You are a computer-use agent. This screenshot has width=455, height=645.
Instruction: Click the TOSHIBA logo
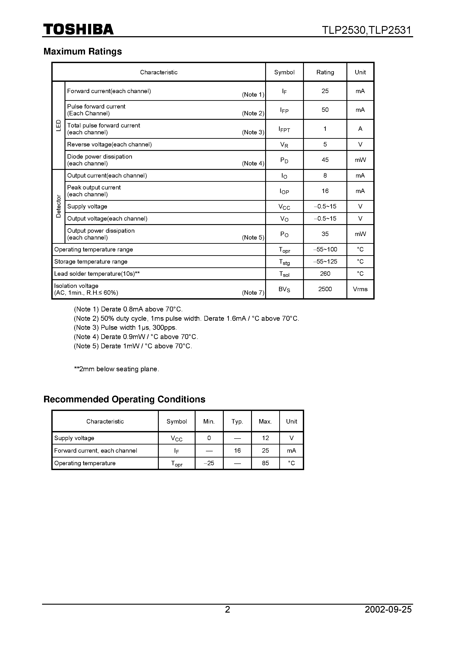pyautogui.click(x=78, y=30)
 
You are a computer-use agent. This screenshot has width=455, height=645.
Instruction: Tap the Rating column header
pyautogui.click(x=325, y=72)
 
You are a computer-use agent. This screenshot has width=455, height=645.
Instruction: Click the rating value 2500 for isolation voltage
pyautogui.click(x=325, y=289)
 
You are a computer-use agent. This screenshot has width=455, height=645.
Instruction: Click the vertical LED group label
pyautogui.click(x=58, y=125)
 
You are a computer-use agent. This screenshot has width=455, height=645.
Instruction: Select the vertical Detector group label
pyautogui.click(x=58, y=206)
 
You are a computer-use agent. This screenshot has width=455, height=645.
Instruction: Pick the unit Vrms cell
pyautogui.click(x=360, y=289)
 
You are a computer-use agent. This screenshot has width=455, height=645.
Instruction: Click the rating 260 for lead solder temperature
pyautogui.click(x=325, y=274)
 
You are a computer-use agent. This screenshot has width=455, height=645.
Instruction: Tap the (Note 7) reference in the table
pyautogui.click(x=253, y=293)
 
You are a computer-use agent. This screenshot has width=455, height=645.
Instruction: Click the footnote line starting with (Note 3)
pyautogui.click(x=125, y=328)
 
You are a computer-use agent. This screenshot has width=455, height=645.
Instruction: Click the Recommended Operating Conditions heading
pyautogui.click(x=124, y=399)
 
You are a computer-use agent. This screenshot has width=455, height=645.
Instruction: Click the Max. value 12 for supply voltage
pyautogui.click(x=265, y=438)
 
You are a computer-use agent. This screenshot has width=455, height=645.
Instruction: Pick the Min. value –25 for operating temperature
pyautogui.click(x=209, y=463)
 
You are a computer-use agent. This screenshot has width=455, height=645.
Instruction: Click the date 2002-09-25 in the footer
pyautogui.click(x=388, y=617)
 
